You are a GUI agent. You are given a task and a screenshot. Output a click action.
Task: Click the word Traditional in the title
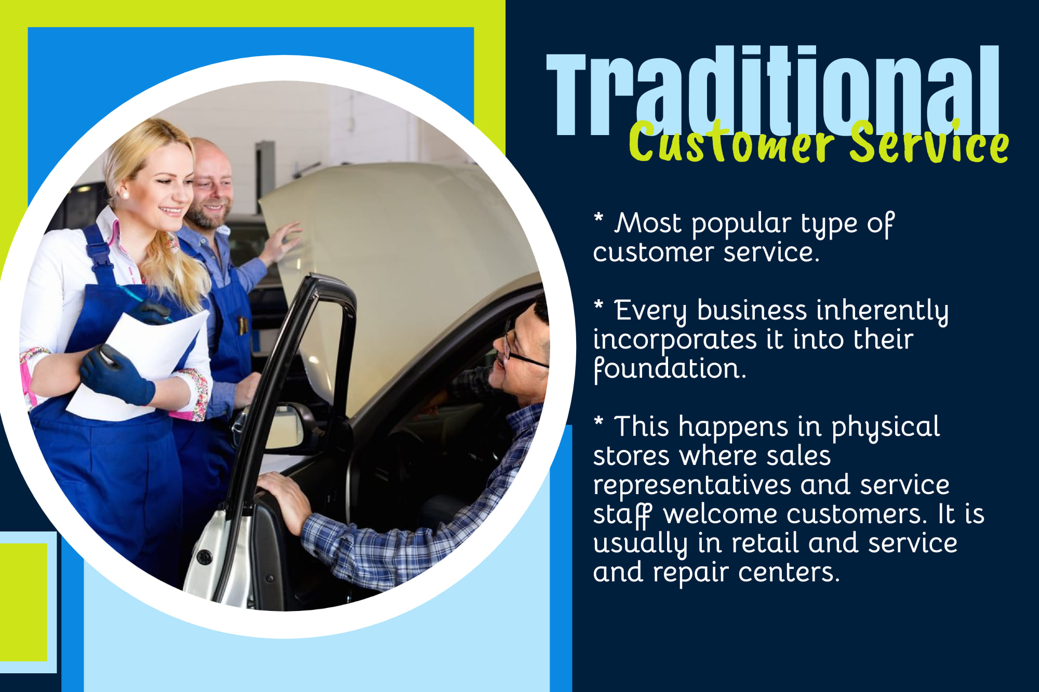[x=772, y=91]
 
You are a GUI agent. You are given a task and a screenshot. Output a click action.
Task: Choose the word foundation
[x=669, y=369]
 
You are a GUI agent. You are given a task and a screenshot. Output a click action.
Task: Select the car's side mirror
[x=288, y=426]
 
